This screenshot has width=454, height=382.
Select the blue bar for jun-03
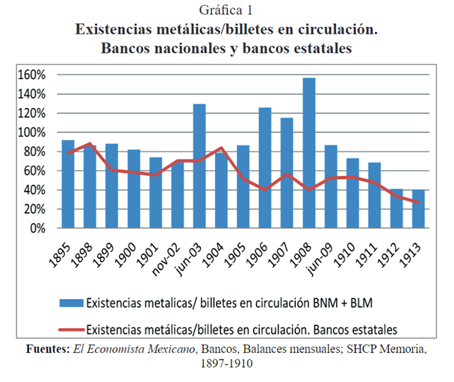pyautogui.click(x=199, y=166)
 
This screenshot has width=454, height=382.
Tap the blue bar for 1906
pyautogui.click(x=265, y=168)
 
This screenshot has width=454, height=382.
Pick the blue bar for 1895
pyautogui.click(x=68, y=184)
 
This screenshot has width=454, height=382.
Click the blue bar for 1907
pyautogui.click(x=287, y=173)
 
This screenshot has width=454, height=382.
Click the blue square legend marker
pyautogui.click(x=72, y=303)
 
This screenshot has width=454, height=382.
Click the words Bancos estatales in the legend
pyautogui.click(x=361, y=328)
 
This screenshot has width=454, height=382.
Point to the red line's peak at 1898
pyautogui.click(x=90, y=143)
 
